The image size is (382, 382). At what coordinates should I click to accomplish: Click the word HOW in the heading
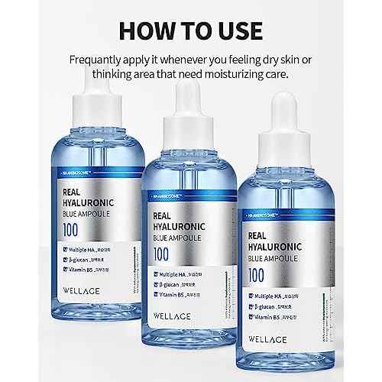[x=143, y=32]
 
